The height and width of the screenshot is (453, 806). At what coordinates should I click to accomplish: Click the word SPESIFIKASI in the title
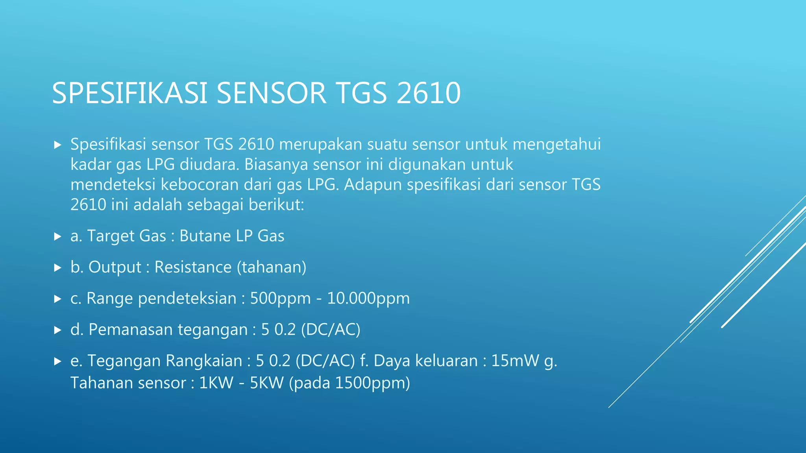pos(130,93)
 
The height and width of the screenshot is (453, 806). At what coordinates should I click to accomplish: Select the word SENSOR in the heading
pos(271,93)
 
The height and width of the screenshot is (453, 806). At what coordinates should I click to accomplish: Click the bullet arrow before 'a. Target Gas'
pos(58,236)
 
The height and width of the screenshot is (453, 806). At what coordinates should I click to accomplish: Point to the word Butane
pos(205,236)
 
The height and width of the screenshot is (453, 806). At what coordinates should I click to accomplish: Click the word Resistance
pos(193,267)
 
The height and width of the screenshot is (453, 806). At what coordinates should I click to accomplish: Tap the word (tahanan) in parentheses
pos(272,267)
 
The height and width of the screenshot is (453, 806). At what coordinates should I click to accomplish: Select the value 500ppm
pos(280,298)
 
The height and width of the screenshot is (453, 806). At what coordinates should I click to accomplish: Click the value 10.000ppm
pos(368,298)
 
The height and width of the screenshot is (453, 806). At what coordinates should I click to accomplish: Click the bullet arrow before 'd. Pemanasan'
pos(58,330)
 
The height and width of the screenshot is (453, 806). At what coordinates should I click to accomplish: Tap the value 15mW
pos(515,361)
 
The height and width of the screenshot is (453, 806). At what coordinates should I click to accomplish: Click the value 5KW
pos(266,383)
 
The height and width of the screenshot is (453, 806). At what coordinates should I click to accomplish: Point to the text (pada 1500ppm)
pos(349,383)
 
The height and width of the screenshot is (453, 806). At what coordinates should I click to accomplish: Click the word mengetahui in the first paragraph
pos(556,144)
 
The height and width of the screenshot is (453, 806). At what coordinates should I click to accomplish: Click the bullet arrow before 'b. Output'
pos(58,268)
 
